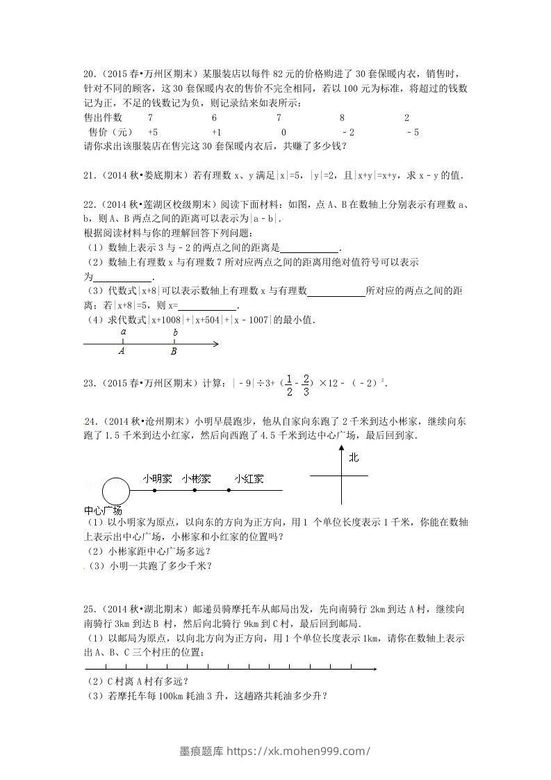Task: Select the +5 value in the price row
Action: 153,132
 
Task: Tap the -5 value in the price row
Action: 412,132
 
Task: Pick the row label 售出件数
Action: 103,118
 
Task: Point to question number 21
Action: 88,176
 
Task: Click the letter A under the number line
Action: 122,352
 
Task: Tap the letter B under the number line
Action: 174,352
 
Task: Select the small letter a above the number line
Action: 123,332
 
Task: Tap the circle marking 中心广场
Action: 116,491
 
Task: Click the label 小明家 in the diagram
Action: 157,478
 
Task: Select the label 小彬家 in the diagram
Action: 197,478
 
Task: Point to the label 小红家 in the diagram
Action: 248,478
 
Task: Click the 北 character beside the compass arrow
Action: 354,457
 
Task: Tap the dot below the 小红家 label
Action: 230,491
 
